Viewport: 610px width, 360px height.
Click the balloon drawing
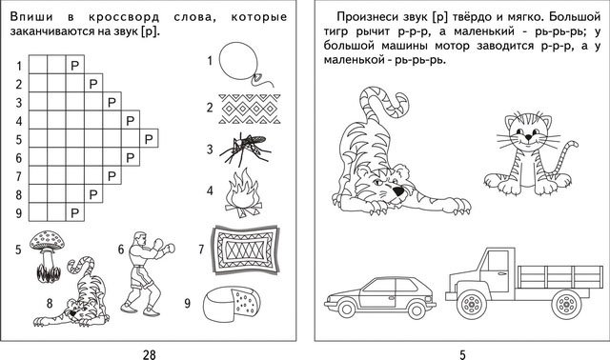point(238,61)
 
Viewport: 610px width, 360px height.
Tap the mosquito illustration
point(245,149)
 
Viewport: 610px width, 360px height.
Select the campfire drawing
point(244,193)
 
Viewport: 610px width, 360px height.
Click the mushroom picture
point(48,256)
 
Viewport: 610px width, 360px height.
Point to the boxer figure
point(147,273)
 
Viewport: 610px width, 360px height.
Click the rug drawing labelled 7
point(245,250)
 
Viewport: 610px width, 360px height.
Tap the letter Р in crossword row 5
point(149,139)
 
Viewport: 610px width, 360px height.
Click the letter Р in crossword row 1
point(74,66)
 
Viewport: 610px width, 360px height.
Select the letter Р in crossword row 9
point(74,212)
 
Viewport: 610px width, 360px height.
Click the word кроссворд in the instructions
point(124,17)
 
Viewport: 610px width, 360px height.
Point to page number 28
point(149,354)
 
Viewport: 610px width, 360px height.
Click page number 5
point(462,354)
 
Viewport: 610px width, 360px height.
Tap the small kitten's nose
point(528,137)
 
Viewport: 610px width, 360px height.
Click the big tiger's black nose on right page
point(398,190)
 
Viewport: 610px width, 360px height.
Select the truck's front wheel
point(472,304)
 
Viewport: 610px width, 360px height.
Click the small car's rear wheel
point(417,310)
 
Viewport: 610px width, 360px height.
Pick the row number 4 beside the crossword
point(19,121)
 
